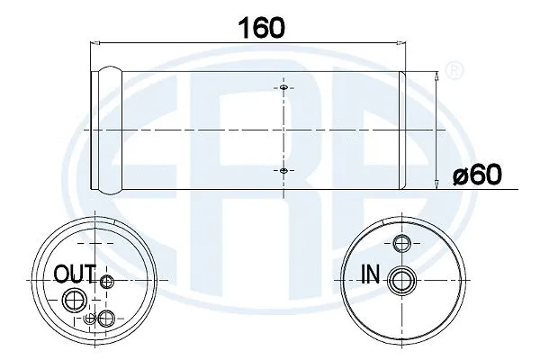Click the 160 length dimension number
[x=261, y=27]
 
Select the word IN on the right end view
[x=370, y=273]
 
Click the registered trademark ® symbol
[x=456, y=68]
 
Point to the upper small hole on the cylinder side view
[x=283, y=88]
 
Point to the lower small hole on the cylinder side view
[x=283, y=170]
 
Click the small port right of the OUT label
[x=107, y=282]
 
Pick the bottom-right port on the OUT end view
[x=108, y=316]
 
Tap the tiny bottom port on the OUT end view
[x=88, y=318]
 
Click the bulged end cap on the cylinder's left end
[x=107, y=130]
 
